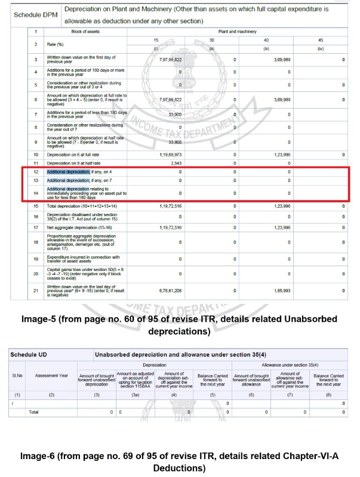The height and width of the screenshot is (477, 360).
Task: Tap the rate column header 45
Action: click(321, 40)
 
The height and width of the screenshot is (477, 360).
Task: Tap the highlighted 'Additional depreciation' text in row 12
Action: click(68, 172)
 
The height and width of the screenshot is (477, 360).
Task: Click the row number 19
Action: click(35, 258)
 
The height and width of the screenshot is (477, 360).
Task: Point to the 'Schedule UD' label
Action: click(29, 354)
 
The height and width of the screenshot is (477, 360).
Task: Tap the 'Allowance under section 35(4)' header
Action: click(290, 364)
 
